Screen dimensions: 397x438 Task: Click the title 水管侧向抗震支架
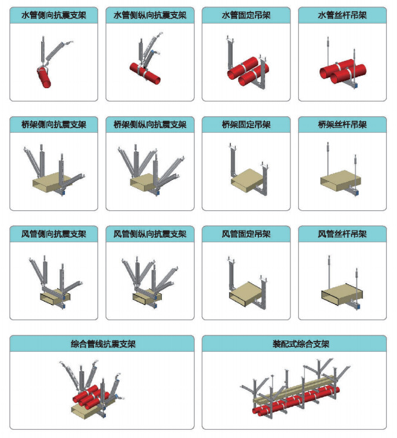[54, 15]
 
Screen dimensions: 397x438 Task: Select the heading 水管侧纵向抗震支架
[150, 15]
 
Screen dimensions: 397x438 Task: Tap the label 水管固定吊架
[246, 15]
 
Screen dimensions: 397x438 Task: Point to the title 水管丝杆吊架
[342, 15]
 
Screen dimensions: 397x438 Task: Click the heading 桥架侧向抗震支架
[54, 125]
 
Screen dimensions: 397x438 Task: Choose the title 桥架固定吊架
[246, 125]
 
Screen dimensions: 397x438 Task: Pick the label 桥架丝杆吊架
[342, 125]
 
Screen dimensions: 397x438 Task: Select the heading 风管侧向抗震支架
[54, 234]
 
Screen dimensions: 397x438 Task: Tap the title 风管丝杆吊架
[342, 234]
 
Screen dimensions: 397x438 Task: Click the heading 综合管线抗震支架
[103, 344]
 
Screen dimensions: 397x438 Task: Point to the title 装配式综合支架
[301, 344]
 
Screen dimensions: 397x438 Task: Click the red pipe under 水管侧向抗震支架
[44, 77]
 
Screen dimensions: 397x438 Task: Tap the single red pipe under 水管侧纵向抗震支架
[145, 73]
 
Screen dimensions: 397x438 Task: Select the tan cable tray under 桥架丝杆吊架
[340, 181]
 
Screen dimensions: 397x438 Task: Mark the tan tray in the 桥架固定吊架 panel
[247, 180]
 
